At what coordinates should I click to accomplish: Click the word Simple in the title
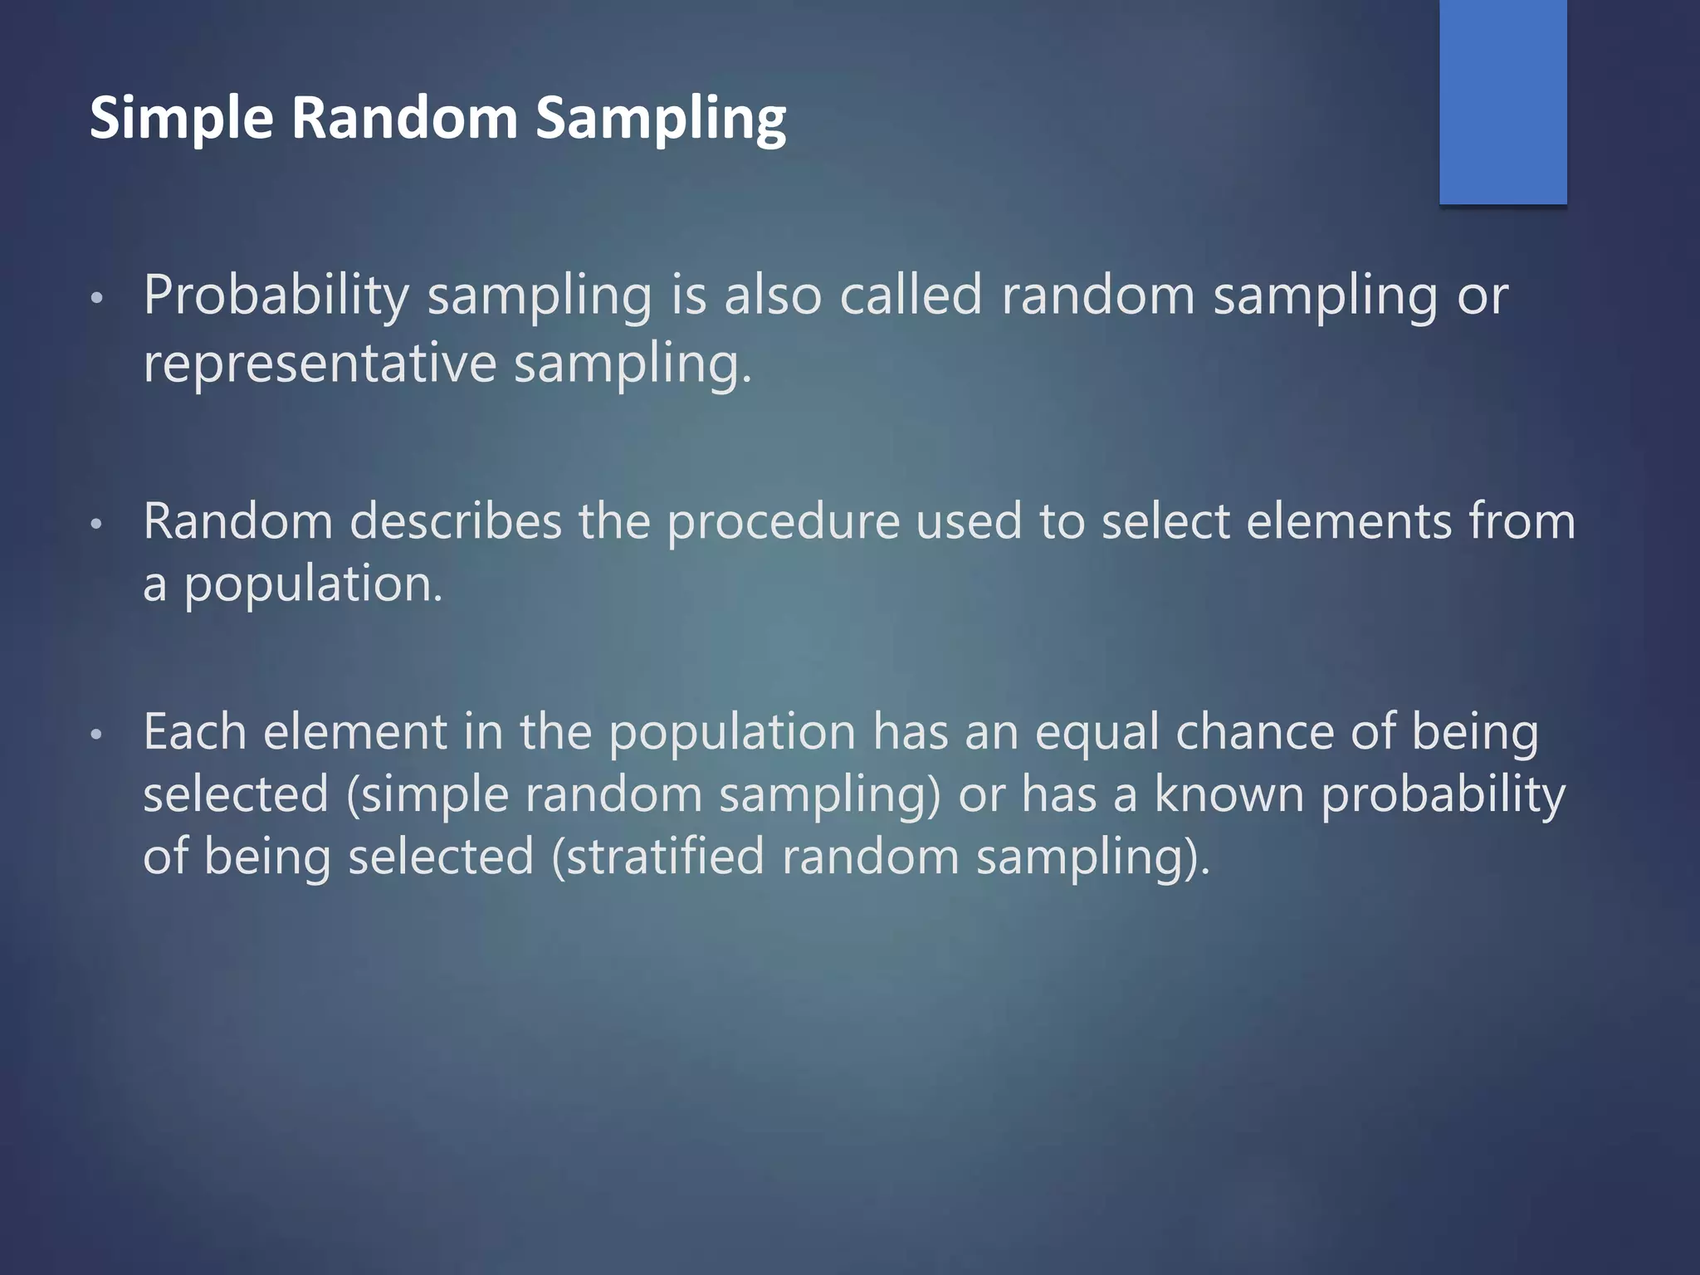click(x=181, y=118)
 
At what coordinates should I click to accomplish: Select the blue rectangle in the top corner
click(x=1502, y=101)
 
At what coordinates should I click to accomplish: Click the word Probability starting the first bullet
click(x=276, y=296)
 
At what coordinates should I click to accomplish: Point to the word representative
click(x=320, y=364)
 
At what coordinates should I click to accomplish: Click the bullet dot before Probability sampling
click(x=96, y=298)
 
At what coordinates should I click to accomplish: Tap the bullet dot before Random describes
click(x=96, y=524)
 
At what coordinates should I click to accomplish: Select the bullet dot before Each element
click(x=96, y=735)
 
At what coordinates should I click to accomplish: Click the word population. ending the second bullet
click(x=313, y=585)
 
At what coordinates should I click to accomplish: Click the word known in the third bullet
click(x=1229, y=794)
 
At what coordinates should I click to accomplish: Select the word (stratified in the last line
click(x=658, y=857)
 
